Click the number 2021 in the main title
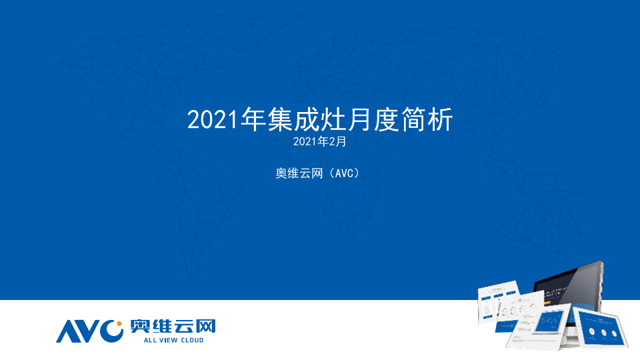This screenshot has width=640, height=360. [x=212, y=120]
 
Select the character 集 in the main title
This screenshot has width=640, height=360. [x=281, y=119]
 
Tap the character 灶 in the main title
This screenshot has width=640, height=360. [x=333, y=119]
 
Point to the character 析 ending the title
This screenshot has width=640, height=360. [x=440, y=119]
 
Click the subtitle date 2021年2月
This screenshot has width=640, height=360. [x=319, y=141]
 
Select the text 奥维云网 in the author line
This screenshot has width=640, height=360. [x=299, y=173]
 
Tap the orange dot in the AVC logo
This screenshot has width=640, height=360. [x=119, y=324]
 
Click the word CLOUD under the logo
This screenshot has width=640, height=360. [x=192, y=341]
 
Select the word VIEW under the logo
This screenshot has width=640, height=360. [x=168, y=341]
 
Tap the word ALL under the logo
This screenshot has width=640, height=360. [x=149, y=341]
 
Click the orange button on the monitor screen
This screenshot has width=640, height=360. [x=547, y=303]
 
